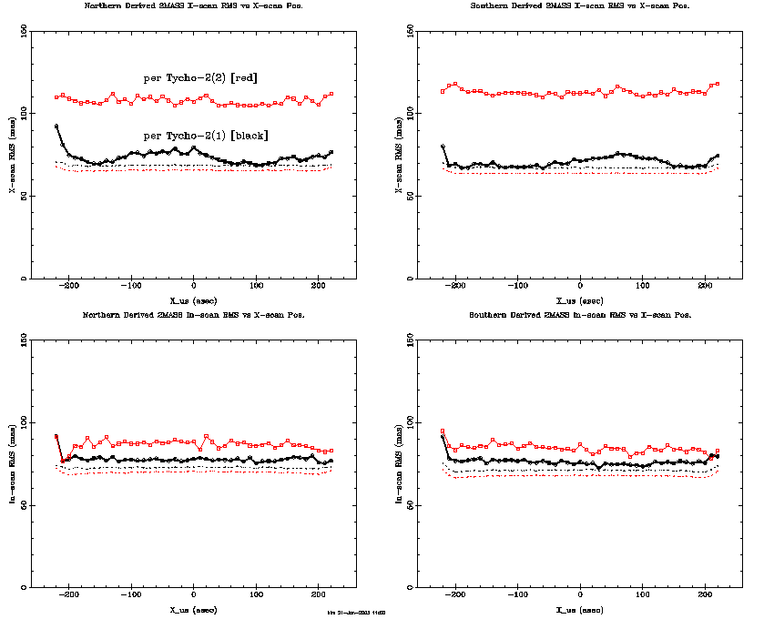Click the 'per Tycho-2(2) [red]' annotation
pyautogui.click(x=200, y=78)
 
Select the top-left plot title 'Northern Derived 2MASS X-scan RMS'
pyautogui.click(x=194, y=5)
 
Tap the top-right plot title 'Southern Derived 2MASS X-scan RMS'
pyautogui.click(x=580, y=5)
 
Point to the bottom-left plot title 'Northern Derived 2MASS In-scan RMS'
pyautogui.click(x=194, y=314)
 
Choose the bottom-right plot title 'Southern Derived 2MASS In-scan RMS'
pyautogui.click(x=580, y=314)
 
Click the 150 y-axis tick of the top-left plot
pyautogui.click(x=25, y=29)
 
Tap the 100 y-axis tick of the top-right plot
pyautogui.click(x=411, y=112)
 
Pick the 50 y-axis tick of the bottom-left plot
pyautogui.click(x=25, y=504)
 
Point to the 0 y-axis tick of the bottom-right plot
pyautogui.click(x=411, y=587)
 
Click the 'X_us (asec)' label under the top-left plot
pyautogui.click(x=194, y=299)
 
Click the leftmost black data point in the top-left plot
pyautogui.click(x=56, y=127)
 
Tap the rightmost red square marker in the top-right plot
pyautogui.click(x=718, y=84)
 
